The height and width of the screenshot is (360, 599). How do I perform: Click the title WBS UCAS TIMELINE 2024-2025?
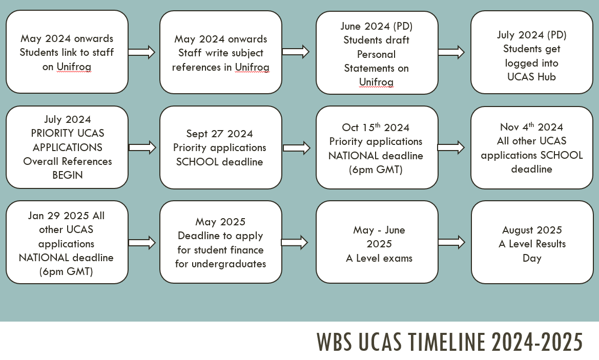tap(449, 342)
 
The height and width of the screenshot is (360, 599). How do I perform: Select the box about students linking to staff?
tap(67, 52)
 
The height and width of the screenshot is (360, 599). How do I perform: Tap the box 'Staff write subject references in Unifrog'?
tap(221, 52)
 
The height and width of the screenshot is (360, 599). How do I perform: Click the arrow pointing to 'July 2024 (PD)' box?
tap(451, 52)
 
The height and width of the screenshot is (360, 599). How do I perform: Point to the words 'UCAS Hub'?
tap(531, 77)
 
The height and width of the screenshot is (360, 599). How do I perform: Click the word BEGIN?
tap(68, 175)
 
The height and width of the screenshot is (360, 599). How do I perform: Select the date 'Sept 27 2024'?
tap(219, 134)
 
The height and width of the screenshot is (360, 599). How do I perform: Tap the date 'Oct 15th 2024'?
tap(376, 127)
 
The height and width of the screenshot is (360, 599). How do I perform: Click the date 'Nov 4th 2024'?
tap(531, 126)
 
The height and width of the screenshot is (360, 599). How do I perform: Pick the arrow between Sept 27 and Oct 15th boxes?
tap(297, 148)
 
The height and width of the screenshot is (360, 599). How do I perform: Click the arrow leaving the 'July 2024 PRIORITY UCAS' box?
tap(142, 147)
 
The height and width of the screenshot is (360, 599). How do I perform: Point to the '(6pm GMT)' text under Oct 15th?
tap(376, 170)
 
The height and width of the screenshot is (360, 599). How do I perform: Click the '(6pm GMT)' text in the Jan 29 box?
tap(66, 271)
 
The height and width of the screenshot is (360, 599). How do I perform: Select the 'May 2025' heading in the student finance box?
tap(220, 221)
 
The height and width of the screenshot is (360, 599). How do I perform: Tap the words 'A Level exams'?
tap(379, 258)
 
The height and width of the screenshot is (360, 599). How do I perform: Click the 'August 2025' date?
tap(532, 230)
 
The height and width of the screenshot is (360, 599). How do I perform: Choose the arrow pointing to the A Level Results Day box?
tap(451, 242)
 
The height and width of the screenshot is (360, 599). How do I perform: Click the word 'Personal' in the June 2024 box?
tap(376, 54)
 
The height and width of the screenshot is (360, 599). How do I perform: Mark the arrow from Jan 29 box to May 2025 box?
tap(142, 243)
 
